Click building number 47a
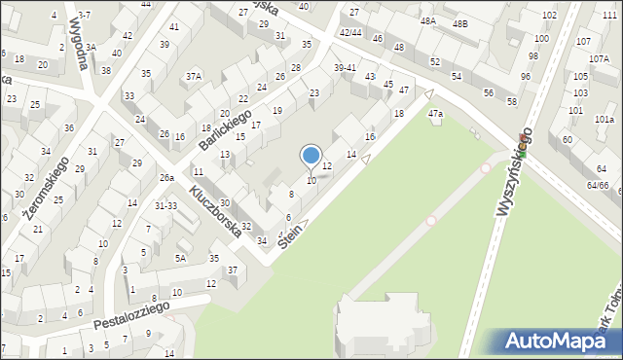[436, 115]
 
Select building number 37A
[195, 75]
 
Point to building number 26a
[167, 178]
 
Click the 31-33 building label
[165, 205]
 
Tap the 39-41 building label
[345, 68]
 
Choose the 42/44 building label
[350, 32]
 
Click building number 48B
[459, 22]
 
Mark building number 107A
[599, 58]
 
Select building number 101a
[605, 119]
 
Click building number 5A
[180, 258]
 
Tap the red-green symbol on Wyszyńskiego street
[522, 152]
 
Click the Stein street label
[291, 234]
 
